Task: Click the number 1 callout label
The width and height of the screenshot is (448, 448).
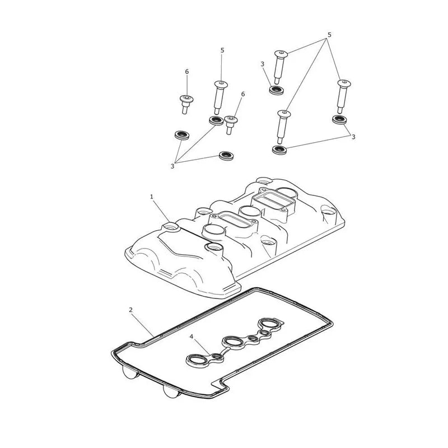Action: (152, 197)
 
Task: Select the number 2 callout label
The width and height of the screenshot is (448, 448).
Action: (131, 310)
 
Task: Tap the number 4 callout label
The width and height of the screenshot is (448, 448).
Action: (191, 337)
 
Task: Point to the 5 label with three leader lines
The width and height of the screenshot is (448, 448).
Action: (329, 35)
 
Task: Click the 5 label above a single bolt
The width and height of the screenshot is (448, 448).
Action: (222, 50)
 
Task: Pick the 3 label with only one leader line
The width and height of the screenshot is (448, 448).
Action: (262, 64)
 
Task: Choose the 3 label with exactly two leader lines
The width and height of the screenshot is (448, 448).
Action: (353, 137)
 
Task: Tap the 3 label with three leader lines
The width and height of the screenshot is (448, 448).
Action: (172, 166)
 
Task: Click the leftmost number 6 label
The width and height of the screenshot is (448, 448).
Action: (187, 72)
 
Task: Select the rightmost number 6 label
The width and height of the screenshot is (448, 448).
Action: (243, 94)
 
